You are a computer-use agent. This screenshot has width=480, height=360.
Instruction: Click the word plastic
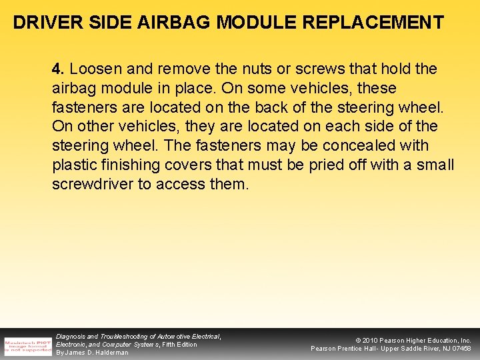pos(74,165)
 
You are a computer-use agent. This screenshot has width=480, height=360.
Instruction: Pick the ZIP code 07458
pos(460,349)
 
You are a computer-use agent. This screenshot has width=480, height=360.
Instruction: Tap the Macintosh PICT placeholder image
pos(28,344)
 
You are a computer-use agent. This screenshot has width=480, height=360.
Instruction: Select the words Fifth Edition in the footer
pos(179,345)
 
